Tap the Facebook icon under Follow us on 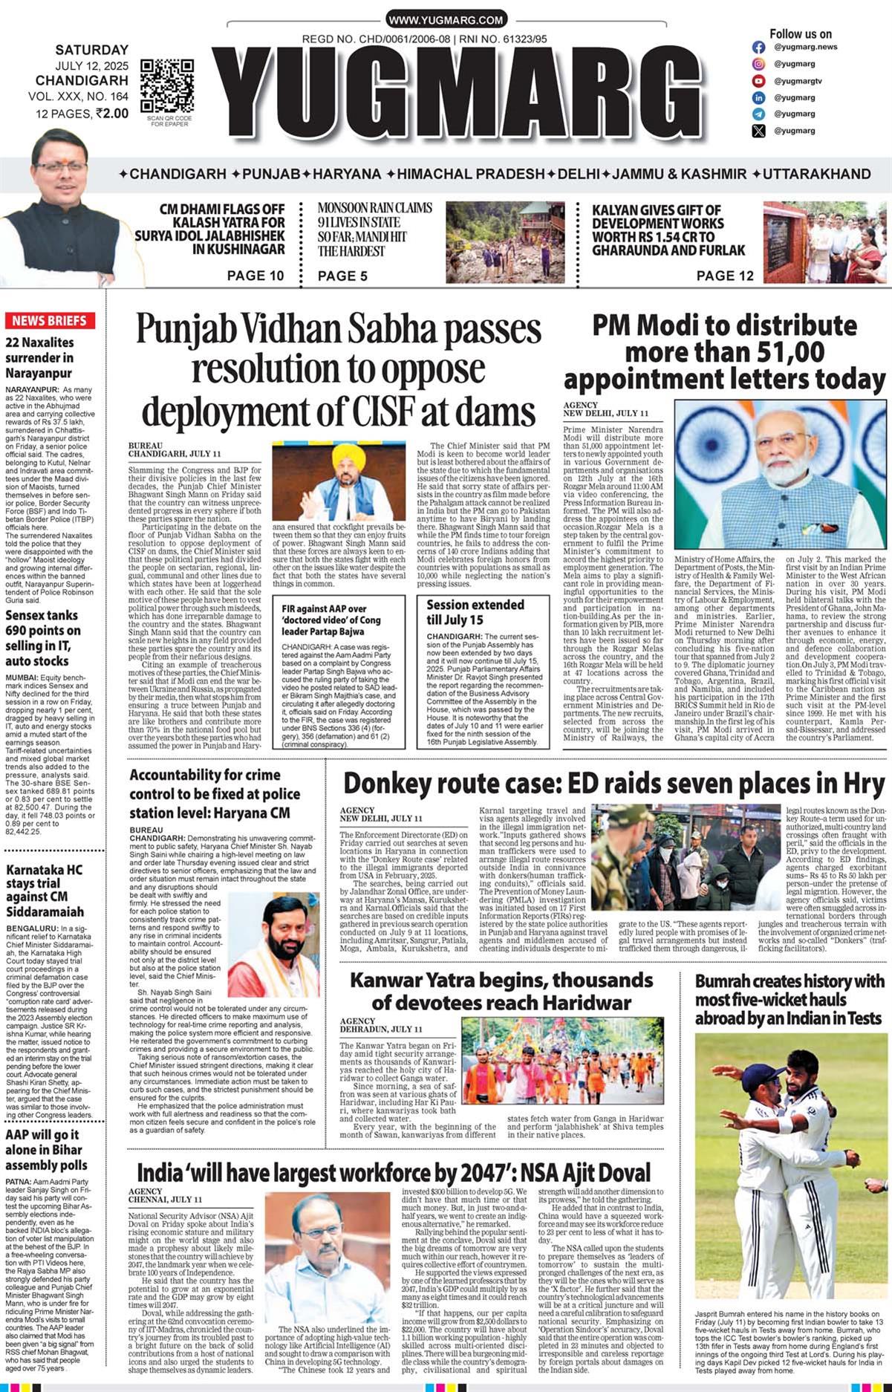pos(758,47)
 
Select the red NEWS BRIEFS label pos(49,321)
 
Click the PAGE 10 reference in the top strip pos(255,276)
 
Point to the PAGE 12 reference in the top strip pos(725,276)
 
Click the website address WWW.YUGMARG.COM pos(446,20)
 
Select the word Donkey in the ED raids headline pos(391,784)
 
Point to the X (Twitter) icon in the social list pos(758,131)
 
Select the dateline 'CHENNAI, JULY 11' pos(165,1199)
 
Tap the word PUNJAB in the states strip pos(270,174)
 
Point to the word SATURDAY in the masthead pos(91,50)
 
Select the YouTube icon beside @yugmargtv pos(758,81)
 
